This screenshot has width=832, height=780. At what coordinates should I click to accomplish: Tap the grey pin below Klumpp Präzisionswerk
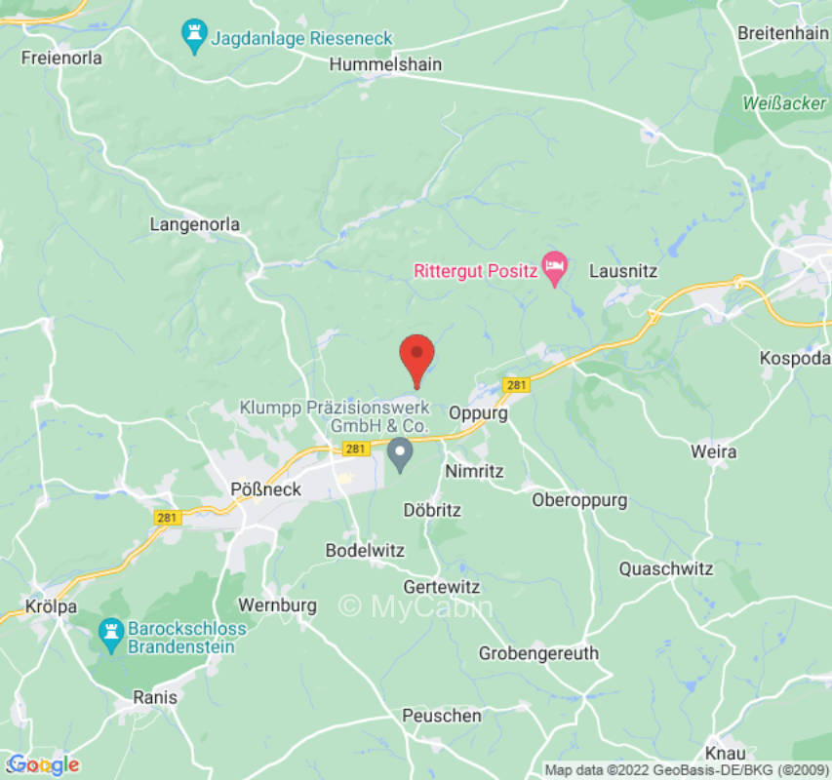(x=400, y=452)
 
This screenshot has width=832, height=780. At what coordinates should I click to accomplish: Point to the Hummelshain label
(x=385, y=64)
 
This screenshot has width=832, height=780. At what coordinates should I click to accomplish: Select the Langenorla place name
(x=194, y=224)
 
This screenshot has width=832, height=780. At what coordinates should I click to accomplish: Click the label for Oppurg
(x=478, y=412)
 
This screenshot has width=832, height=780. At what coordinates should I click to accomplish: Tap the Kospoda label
(x=793, y=359)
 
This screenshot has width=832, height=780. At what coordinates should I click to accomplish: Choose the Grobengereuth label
(x=538, y=653)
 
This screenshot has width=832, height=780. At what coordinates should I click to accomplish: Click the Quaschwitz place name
(x=665, y=568)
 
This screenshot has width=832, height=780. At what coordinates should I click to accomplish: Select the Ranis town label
(x=155, y=697)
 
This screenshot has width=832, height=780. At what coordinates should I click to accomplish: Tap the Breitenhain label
(x=782, y=32)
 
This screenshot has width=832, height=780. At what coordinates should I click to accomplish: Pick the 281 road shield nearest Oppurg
(x=517, y=385)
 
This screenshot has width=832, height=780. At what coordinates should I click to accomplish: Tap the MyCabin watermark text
(x=415, y=606)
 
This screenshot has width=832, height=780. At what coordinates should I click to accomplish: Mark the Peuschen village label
(x=442, y=716)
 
